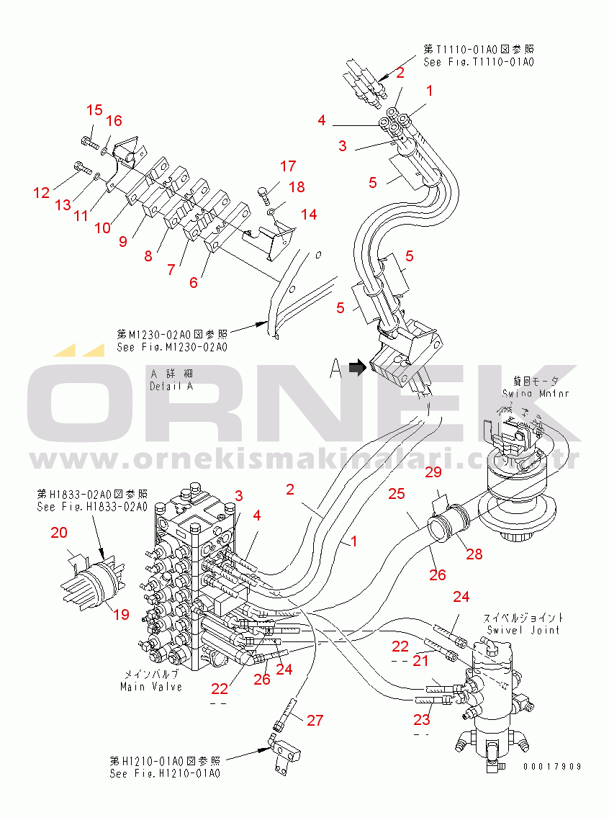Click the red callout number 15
[95, 110]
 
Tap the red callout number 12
[41, 192]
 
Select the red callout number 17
[288, 166]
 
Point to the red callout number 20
[59, 532]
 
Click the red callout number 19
[121, 614]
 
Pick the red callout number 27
[315, 719]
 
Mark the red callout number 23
[421, 718]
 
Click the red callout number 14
[309, 214]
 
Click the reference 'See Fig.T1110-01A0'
[478, 63]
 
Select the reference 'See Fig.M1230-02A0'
[172, 347]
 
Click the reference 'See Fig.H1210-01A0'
[165, 774]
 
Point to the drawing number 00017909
[552, 767]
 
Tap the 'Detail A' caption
[171, 386]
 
